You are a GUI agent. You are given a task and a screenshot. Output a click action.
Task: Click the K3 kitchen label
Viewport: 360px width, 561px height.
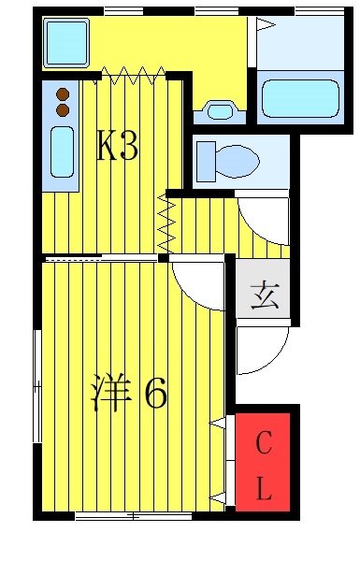pos(117,146)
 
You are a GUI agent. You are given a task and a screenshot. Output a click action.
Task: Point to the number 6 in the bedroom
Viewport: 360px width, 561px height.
pos(155,393)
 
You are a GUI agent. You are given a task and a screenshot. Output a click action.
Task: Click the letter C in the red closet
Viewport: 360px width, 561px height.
pos(264,442)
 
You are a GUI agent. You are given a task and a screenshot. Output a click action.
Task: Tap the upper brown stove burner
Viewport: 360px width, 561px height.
pos(63,94)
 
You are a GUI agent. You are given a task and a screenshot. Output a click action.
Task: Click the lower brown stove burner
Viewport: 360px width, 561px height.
pos(63,109)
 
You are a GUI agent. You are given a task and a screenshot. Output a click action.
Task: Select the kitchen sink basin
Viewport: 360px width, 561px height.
pos(62,151)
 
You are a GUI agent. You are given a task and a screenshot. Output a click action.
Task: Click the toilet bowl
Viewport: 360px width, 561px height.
pos(238,161)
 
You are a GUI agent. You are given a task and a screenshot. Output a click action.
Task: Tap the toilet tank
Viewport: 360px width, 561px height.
pos(206,162)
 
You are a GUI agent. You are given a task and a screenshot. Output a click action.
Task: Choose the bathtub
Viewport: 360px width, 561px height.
pos(300,98)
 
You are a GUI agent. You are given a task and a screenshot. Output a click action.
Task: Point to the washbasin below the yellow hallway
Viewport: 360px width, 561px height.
pos(220,111)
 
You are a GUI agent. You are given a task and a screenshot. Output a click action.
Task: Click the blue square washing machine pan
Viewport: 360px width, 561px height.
pos(65,43)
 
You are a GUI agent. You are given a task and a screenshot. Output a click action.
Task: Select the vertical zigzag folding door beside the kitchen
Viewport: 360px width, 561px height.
pos(166,223)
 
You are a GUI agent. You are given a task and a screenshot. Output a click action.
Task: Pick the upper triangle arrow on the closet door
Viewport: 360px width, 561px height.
pos(218,423)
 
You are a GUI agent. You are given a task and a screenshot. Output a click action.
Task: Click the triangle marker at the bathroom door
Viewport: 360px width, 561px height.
pos(266,25)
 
